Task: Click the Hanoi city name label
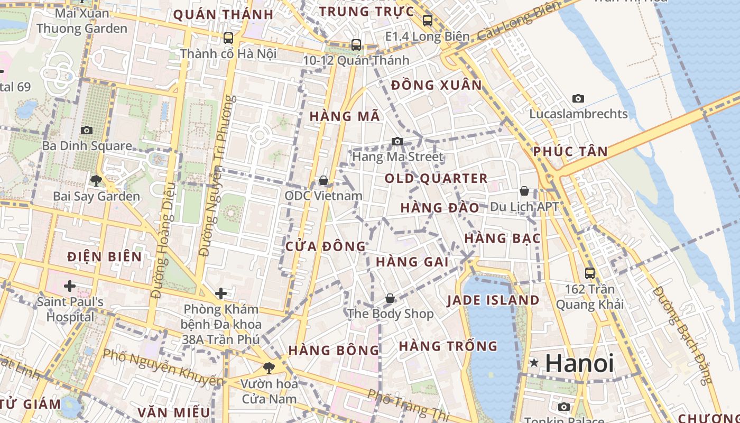click(579, 363)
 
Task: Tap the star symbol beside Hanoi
click(534, 363)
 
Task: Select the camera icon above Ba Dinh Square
click(86, 130)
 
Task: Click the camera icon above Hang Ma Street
click(397, 141)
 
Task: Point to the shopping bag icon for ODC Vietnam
click(323, 181)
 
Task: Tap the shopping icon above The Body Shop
click(390, 298)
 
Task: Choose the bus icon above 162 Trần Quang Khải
click(590, 273)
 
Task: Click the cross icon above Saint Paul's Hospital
click(69, 286)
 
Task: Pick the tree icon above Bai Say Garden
click(96, 181)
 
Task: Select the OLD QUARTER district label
click(436, 178)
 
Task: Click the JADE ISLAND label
click(493, 300)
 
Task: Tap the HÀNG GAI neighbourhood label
click(412, 262)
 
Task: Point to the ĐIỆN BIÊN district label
click(105, 257)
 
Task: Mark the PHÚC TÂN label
click(570, 152)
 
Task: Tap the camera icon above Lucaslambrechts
click(578, 98)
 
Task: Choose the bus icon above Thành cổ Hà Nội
click(228, 38)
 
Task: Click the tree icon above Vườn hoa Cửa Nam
click(269, 367)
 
